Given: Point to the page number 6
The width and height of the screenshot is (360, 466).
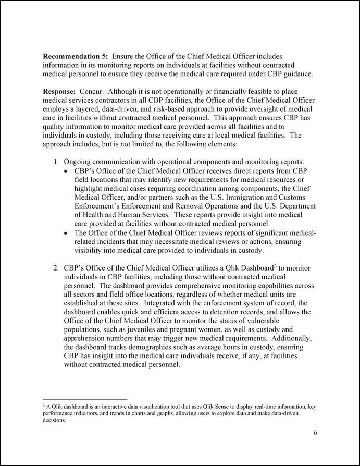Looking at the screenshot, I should (x=315, y=433).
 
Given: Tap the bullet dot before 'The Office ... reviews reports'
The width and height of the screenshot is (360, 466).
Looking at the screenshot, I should (x=65, y=231).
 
